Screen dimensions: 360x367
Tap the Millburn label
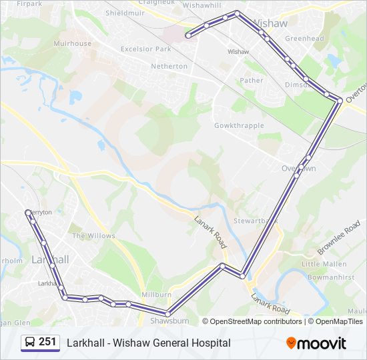coord(156,294)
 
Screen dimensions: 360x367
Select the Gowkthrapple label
coord(239,125)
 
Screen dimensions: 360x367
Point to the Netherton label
coord(169,67)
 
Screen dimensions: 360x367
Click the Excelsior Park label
coord(146,49)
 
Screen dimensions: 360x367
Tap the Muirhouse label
coord(73,43)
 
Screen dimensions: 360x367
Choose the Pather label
coord(252,81)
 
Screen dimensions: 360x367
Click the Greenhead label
coord(304,39)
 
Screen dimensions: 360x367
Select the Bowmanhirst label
coord(332,275)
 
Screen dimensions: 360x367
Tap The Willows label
coord(93,236)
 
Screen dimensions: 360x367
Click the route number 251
coord(47,342)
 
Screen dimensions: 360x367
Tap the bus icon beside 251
coord(30,343)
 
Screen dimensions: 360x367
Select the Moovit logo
coord(316,343)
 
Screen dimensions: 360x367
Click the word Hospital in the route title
coord(212,343)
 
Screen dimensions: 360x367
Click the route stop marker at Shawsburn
coord(167,314)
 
